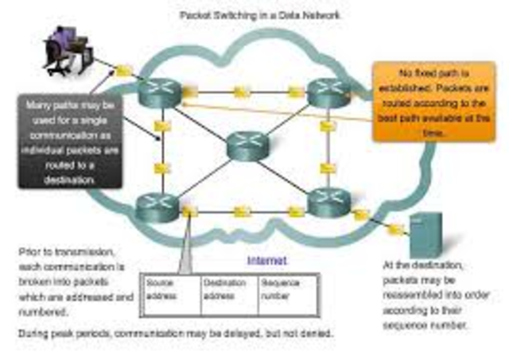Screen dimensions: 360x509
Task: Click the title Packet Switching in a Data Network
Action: tap(260, 14)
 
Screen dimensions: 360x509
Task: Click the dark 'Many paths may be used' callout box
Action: tap(71, 141)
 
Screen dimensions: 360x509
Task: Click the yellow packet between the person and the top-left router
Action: tap(123, 72)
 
